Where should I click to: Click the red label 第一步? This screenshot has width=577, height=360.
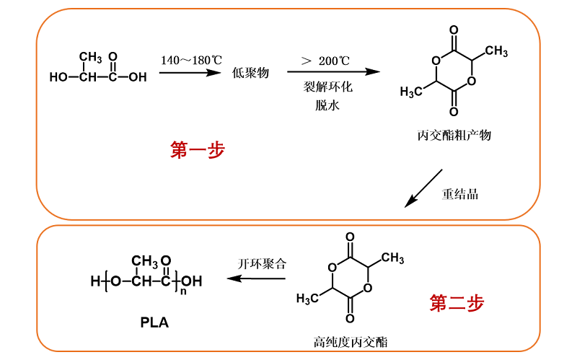click(x=198, y=150)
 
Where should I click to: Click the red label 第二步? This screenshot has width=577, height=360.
click(x=457, y=303)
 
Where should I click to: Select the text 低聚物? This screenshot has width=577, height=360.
click(x=250, y=73)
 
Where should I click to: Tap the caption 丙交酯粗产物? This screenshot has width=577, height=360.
click(x=454, y=134)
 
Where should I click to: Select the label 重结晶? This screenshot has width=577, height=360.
click(x=459, y=194)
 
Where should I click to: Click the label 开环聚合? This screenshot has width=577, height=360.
click(x=261, y=263)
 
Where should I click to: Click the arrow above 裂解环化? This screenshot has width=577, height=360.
click(x=332, y=72)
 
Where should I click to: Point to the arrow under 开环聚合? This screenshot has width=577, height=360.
click(x=256, y=279)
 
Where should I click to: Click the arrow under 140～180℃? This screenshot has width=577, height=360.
click(x=190, y=72)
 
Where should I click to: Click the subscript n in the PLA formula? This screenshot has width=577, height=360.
click(x=184, y=291)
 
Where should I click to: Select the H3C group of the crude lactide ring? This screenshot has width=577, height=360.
click(x=412, y=92)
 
